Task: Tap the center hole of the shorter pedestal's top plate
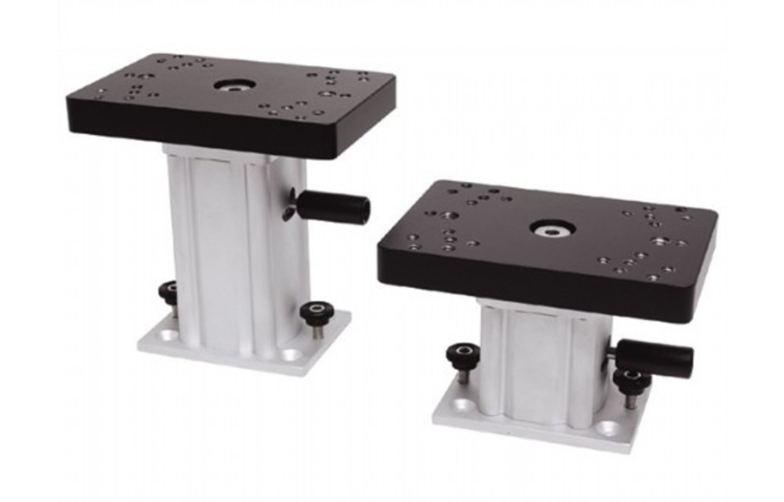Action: pos(552,228)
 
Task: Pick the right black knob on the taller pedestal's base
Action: pos(318,312)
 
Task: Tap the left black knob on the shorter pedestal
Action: pos(463,355)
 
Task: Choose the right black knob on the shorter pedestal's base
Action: pos(631,382)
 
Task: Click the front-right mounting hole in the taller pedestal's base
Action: pos(292,355)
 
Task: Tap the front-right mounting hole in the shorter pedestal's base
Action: pos(608,428)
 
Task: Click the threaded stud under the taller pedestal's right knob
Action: pos(317,332)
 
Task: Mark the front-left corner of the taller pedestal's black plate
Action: pos(71,106)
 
